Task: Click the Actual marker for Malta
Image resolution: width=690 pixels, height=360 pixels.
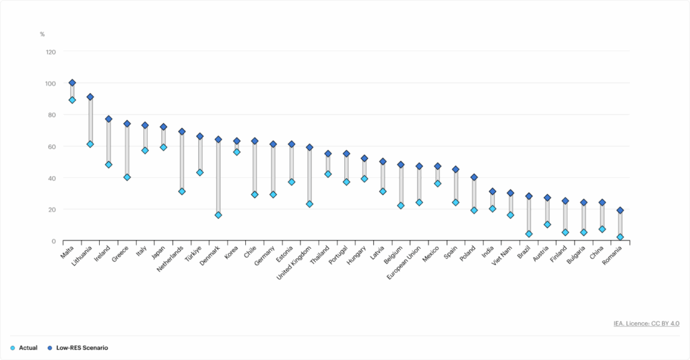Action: pyautogui.click(x=72, y=100)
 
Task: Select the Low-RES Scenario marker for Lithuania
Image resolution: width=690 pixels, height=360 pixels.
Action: pyautogui.click(x=90, y=97)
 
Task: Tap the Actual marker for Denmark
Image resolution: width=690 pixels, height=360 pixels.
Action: pyautogui.click(x=218, y=215)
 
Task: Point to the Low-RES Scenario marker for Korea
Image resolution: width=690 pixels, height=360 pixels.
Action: pyautogui.click(x=237, y=142)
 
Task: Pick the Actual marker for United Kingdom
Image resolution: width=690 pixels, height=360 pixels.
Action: pyautogui.click(x=309, y=204)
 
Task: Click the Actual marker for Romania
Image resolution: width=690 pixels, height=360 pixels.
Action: pyautogui.click(x=620, y=237)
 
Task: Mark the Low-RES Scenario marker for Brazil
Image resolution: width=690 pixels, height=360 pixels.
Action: pyautogui.click(x=529, y=196)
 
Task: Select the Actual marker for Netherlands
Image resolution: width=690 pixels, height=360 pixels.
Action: pyautogui.click(x=182, y=191)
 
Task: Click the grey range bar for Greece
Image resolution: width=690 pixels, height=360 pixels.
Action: pyautogui.click(x=127, y=150)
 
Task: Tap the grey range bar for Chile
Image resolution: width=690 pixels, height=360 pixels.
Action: pyautogui.click(x=255, y=168)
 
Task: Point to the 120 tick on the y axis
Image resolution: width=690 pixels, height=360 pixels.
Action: pyautogui.click(x=51, y=52)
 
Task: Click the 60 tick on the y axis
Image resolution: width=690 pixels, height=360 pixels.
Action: pyautogui.click(x=52, y=146)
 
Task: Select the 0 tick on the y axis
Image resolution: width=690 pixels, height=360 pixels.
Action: pyautogui.click(x=54, y=241)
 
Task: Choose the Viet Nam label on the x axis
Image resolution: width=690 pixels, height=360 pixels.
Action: pyautogui.click(x=503, y=256)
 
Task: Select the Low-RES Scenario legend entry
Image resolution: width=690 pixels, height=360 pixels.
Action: pyautogui.click(x=80, y=348)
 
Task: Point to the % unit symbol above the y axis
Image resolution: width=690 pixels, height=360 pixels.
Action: pyautogui.click(x=42, y=34)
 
